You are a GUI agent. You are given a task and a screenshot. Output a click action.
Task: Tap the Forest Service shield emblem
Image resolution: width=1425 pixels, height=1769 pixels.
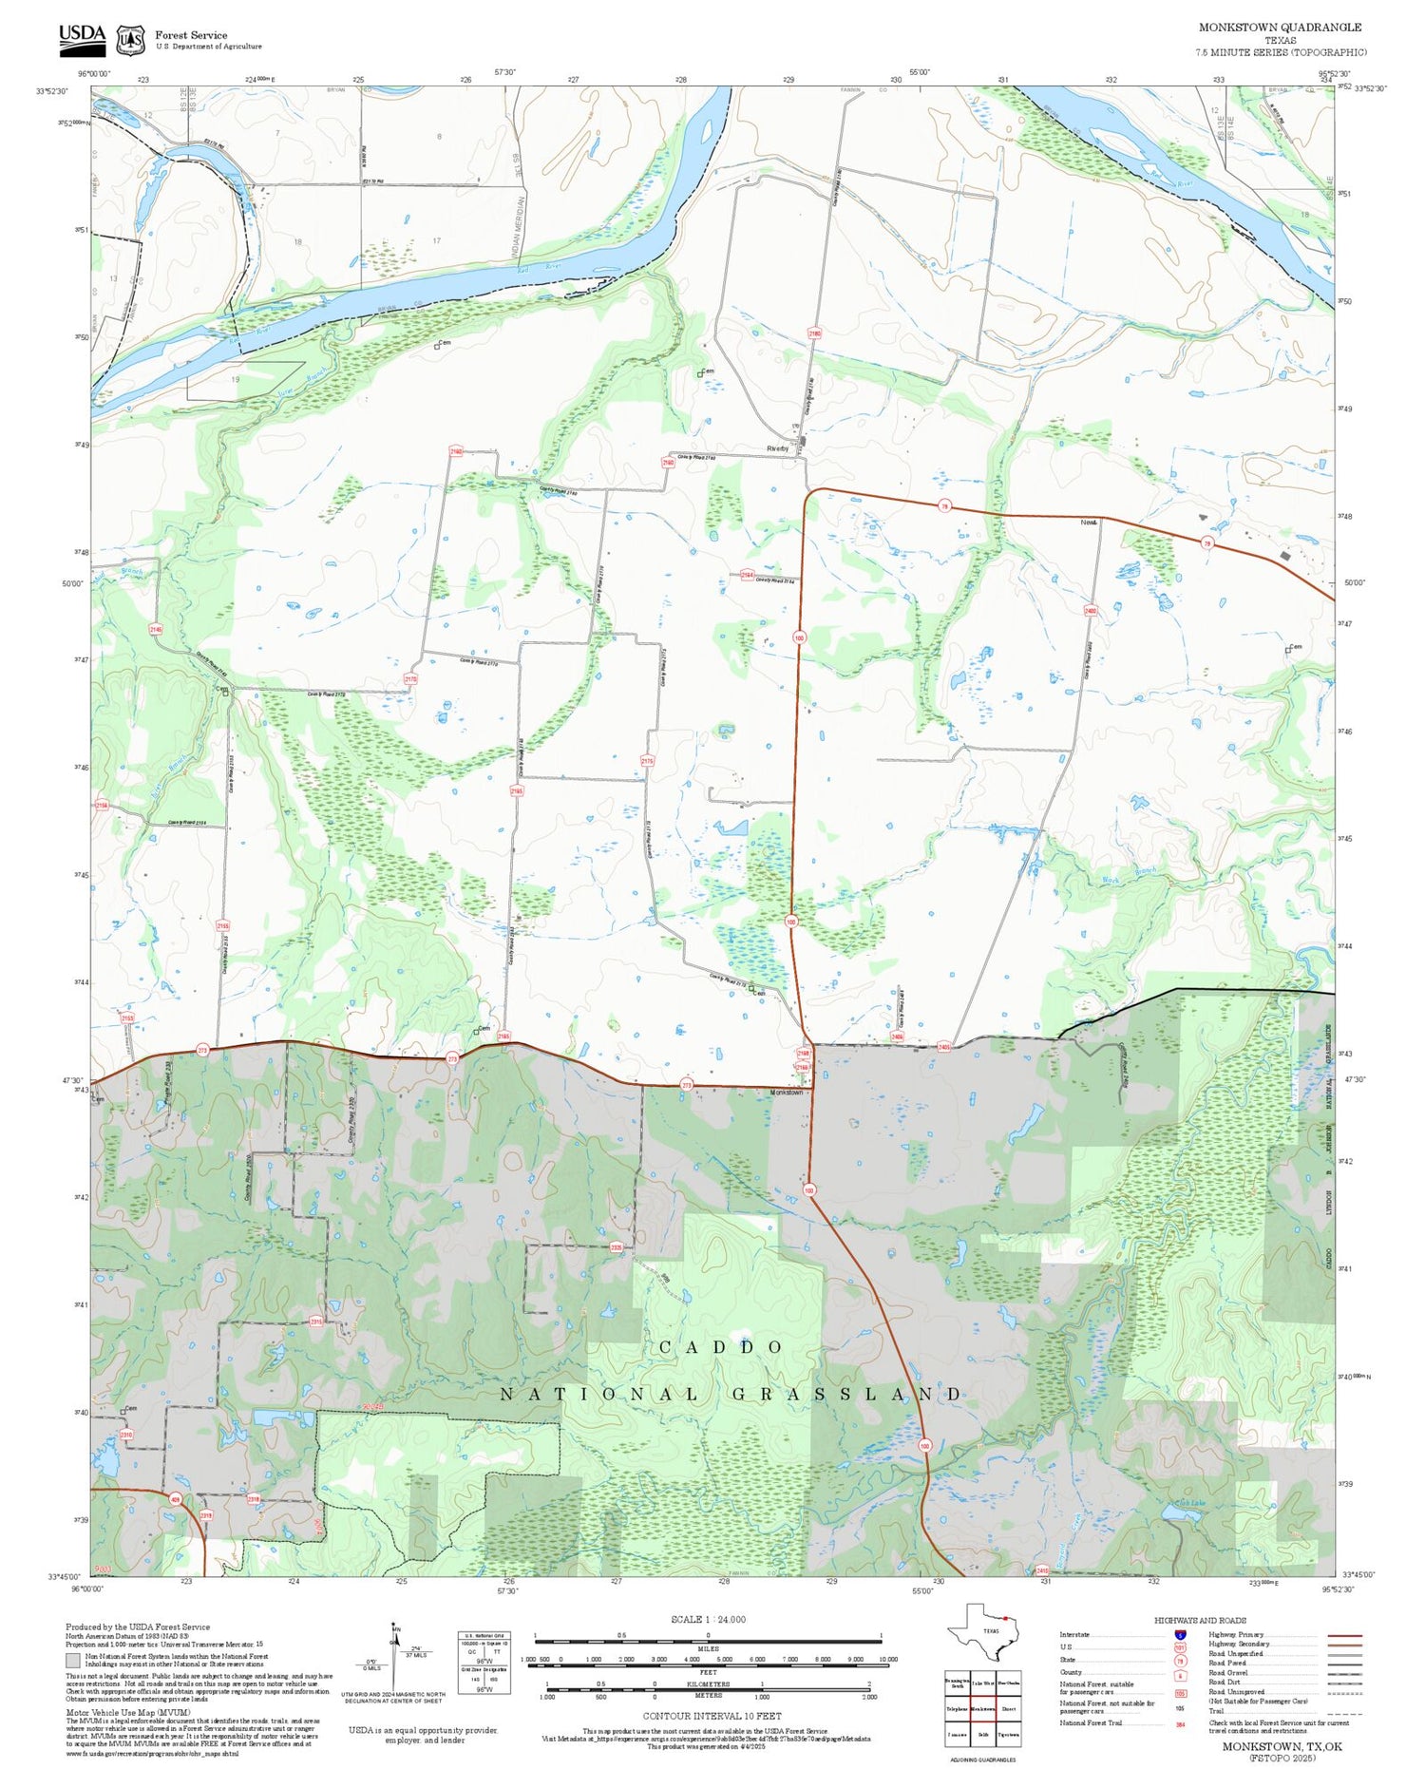(x=130, y=40)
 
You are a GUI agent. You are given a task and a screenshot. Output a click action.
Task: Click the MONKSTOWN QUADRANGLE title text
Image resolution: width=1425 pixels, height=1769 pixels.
(x=1279, y=28)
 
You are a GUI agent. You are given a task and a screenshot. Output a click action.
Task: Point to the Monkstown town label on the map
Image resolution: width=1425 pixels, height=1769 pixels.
(x=786, y=1093)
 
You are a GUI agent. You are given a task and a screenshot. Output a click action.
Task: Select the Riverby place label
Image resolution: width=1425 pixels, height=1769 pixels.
(x=777, y=448)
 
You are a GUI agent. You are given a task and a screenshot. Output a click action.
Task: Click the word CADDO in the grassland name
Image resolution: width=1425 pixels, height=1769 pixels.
(x=721, y=1347)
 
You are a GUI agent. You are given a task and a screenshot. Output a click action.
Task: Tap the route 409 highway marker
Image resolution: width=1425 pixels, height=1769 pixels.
(x=175, y=1499)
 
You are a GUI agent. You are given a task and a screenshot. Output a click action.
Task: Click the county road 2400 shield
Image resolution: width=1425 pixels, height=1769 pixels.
(x=1091, y=611)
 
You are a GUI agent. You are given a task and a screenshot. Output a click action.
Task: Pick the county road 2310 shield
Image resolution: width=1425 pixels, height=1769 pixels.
(x=126, y=1435)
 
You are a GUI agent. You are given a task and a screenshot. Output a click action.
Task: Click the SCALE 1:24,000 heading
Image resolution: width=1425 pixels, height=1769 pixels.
(x=708, y=1620)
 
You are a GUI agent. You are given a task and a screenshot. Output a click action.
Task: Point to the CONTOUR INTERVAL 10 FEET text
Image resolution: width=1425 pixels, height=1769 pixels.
(x=712, y=1716)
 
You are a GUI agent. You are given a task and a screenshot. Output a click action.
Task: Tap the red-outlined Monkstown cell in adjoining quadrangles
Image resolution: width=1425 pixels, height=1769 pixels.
(x=983, y=1708)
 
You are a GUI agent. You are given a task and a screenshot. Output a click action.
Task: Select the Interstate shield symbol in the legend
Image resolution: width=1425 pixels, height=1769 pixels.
(x=1181, y=1635)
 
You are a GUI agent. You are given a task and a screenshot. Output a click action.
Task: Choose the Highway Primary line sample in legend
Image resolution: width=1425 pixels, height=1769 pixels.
(x=1339, y=1636)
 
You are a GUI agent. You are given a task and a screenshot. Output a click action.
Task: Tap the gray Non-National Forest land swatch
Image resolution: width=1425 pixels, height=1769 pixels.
(x=73, y=1662)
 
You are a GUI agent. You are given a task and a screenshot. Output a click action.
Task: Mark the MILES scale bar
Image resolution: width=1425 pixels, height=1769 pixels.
(x=708, y=1637)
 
